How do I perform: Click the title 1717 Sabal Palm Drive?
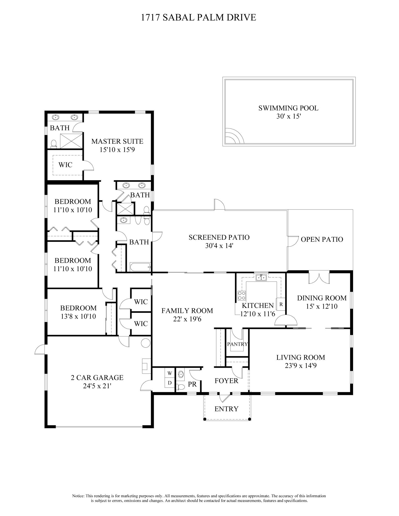coord(199,18)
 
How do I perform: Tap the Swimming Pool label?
coord(288,108)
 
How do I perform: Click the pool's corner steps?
coord(234,136)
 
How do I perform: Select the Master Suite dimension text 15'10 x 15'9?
coord(117,150)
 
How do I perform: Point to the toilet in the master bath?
coord(54,144)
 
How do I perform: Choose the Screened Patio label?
coord(219,237)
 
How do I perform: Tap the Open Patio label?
coord(322,239)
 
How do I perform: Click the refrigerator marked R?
coord(281,304)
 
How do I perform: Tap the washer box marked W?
coord(170,373)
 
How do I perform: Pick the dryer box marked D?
coord(170,383)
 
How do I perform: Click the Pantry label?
coord(237,344)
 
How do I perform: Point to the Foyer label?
coord(226,381)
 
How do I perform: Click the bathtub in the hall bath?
coord(139,267)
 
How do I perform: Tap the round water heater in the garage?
coord(146,343)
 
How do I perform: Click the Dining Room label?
coord(322,298)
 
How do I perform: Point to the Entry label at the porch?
coord(226,409)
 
